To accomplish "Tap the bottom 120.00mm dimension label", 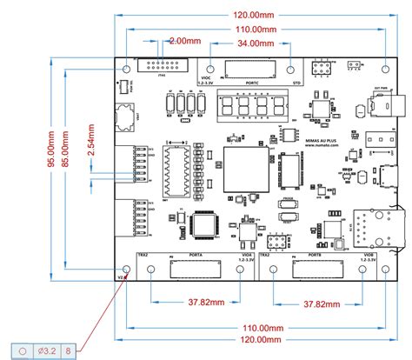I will pos(257,339).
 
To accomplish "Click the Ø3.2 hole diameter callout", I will pos(47,350).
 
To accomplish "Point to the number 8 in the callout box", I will pos(68,350).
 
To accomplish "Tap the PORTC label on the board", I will pos(253,83).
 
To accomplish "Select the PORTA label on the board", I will pos(196,255).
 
